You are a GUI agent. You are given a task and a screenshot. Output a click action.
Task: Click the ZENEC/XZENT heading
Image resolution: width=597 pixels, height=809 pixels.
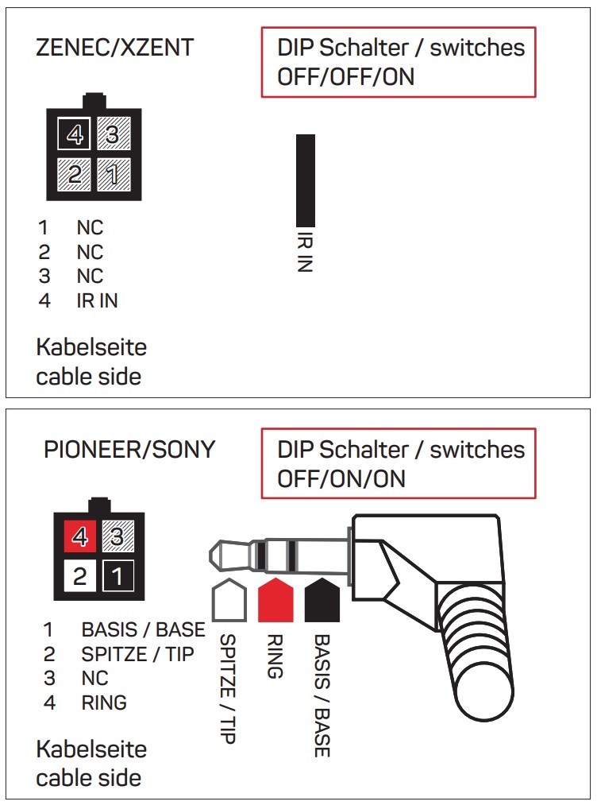[x=115, y=48]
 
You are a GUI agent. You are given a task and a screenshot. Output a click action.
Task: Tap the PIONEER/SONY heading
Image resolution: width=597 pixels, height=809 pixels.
[x=129, y=450]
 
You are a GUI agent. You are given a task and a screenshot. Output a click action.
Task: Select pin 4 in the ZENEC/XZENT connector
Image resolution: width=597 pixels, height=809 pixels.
[x=75, y=136]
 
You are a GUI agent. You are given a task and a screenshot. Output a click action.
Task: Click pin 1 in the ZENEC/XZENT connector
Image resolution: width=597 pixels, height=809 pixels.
[x=114, y=173]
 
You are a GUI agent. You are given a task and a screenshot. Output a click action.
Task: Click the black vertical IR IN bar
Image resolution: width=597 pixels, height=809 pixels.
[x=305, y=180]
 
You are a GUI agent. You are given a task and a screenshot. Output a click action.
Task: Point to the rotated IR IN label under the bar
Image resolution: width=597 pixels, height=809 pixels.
[x=305, y=252]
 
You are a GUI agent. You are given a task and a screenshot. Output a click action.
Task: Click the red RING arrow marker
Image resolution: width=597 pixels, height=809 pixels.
[x=275, y=599]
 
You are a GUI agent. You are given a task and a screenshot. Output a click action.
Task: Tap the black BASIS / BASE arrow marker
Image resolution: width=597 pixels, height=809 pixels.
[x=322, y=599]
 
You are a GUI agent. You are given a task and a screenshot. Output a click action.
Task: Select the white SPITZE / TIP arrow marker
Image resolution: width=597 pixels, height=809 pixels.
[x=229, y=600]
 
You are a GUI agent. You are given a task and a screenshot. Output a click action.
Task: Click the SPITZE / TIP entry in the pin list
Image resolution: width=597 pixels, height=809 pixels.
[x=137, y=655]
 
